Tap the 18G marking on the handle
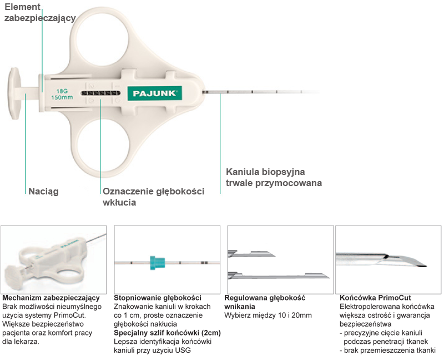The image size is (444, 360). (60, 91)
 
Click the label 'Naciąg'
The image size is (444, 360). (43, 192)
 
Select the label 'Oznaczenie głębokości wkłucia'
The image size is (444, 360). (153, 197)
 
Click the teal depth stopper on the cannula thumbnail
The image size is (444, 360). (158, 262)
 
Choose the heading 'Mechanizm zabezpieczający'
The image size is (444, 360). (51, 298)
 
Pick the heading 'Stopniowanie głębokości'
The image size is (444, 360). (157, 298)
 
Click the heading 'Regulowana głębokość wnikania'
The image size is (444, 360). (265, 302)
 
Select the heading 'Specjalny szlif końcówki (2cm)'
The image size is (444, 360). (166, 333)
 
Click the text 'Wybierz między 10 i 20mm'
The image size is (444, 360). (268, 316)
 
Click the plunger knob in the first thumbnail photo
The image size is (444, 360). (16, 276)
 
